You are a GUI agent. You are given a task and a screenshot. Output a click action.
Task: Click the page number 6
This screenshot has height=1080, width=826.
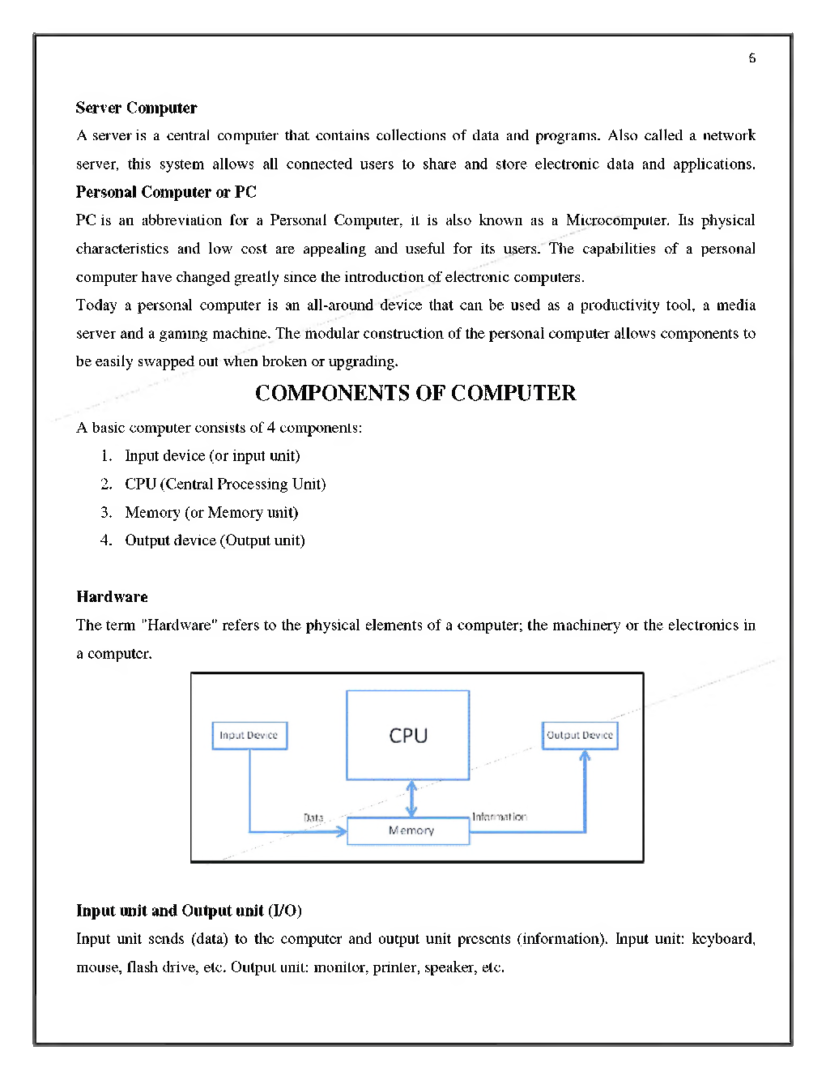click(752, 58)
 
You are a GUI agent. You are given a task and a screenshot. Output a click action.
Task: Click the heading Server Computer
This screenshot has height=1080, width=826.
click(136, 108)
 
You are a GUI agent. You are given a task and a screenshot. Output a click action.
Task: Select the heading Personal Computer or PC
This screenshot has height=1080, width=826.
click(166, 192)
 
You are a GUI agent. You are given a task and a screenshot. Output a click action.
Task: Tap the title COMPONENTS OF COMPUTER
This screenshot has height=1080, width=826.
click(415, 393)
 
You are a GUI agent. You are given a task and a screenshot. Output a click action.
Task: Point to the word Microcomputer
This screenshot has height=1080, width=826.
click(617, 220)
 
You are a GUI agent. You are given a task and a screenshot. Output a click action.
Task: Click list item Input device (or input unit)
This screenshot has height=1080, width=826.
click(212, 455)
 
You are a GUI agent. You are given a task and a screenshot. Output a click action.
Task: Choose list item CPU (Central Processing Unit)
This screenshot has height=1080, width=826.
click(225, 484)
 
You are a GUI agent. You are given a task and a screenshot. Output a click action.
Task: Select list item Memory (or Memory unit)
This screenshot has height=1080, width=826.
click(211, 512)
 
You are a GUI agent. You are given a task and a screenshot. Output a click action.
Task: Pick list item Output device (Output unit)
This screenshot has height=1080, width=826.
click(215, 540)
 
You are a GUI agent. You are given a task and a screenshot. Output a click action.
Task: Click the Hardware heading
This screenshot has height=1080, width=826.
click(112, 597)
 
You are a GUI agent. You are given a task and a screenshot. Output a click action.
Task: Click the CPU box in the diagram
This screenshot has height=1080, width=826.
click(408, 735)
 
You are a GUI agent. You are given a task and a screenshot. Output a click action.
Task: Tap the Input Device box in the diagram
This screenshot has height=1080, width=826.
click(249, 736)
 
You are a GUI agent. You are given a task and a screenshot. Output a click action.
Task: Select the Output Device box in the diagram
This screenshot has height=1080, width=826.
click(580, 736)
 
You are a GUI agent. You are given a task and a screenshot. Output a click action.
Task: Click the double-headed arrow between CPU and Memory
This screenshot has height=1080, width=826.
click(411, 799)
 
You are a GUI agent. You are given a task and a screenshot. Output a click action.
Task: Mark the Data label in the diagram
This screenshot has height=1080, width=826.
click(313, 817)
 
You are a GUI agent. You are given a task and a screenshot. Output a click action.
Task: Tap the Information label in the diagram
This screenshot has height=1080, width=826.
click(499, 817)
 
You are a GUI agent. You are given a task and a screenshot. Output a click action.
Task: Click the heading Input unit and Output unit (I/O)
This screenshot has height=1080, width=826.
click(189, 911)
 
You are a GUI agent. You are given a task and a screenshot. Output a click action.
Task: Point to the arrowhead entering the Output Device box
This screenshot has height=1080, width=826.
click(585, 757)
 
